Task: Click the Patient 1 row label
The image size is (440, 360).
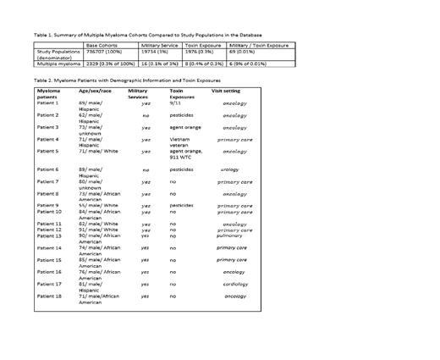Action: (48, 102)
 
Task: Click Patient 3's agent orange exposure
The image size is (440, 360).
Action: (186, 127)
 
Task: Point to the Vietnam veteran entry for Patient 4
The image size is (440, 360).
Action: (184, 141)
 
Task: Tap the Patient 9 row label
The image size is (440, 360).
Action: (48, 205)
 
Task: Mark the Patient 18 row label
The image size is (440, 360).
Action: (49, 296)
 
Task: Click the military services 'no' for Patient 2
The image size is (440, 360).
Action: (146, 115)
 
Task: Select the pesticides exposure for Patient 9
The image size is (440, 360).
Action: (182, 205)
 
